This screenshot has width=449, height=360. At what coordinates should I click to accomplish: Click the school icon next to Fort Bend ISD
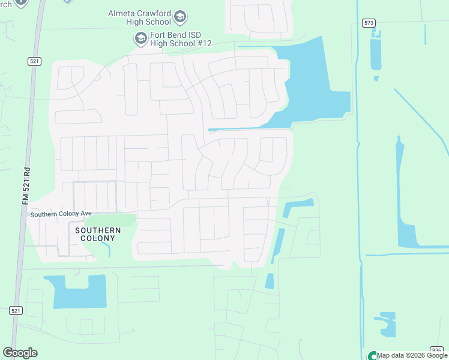click(x=140, y=39)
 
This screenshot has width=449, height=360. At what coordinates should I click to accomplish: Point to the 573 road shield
click(x=368, y=23)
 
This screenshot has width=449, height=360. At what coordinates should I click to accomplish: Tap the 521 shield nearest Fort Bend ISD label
click(x=34, y=61)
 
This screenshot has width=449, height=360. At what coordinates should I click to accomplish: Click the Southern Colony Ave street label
click(x=61, y=214)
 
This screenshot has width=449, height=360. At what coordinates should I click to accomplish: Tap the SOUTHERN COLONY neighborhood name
click(x=98, y=234)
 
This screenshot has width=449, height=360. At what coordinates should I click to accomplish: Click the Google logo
click(x=20, y=352)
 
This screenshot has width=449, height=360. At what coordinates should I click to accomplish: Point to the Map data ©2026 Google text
click(x=412, y=355)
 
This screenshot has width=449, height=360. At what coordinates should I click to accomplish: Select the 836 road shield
click(x=437, y=350)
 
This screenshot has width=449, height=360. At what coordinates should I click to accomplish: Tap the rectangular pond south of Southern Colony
click(x=78, y=291)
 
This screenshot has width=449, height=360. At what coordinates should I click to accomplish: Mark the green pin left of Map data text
click(x=373, y=356)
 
